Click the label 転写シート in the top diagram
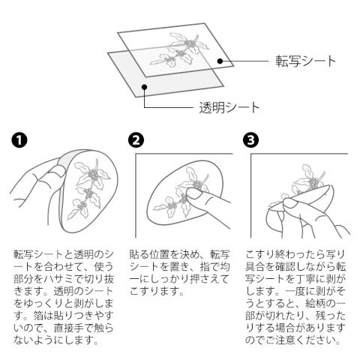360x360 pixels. (x=305, y=61)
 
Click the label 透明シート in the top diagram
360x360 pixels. (x=229, y=108)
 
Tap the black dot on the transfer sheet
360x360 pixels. (x=220, y=61)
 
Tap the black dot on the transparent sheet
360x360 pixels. (x=144, y=87)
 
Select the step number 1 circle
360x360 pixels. (x=19, y=139)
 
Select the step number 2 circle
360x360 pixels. (x=136, y=139)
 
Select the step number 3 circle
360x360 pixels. (x=250, y=139)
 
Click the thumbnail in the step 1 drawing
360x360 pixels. (x=58, y=171)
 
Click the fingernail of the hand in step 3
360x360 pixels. (x=290, y=203)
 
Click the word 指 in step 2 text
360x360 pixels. (x=205, y=267)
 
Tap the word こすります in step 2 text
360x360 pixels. (x=154, y=291)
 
